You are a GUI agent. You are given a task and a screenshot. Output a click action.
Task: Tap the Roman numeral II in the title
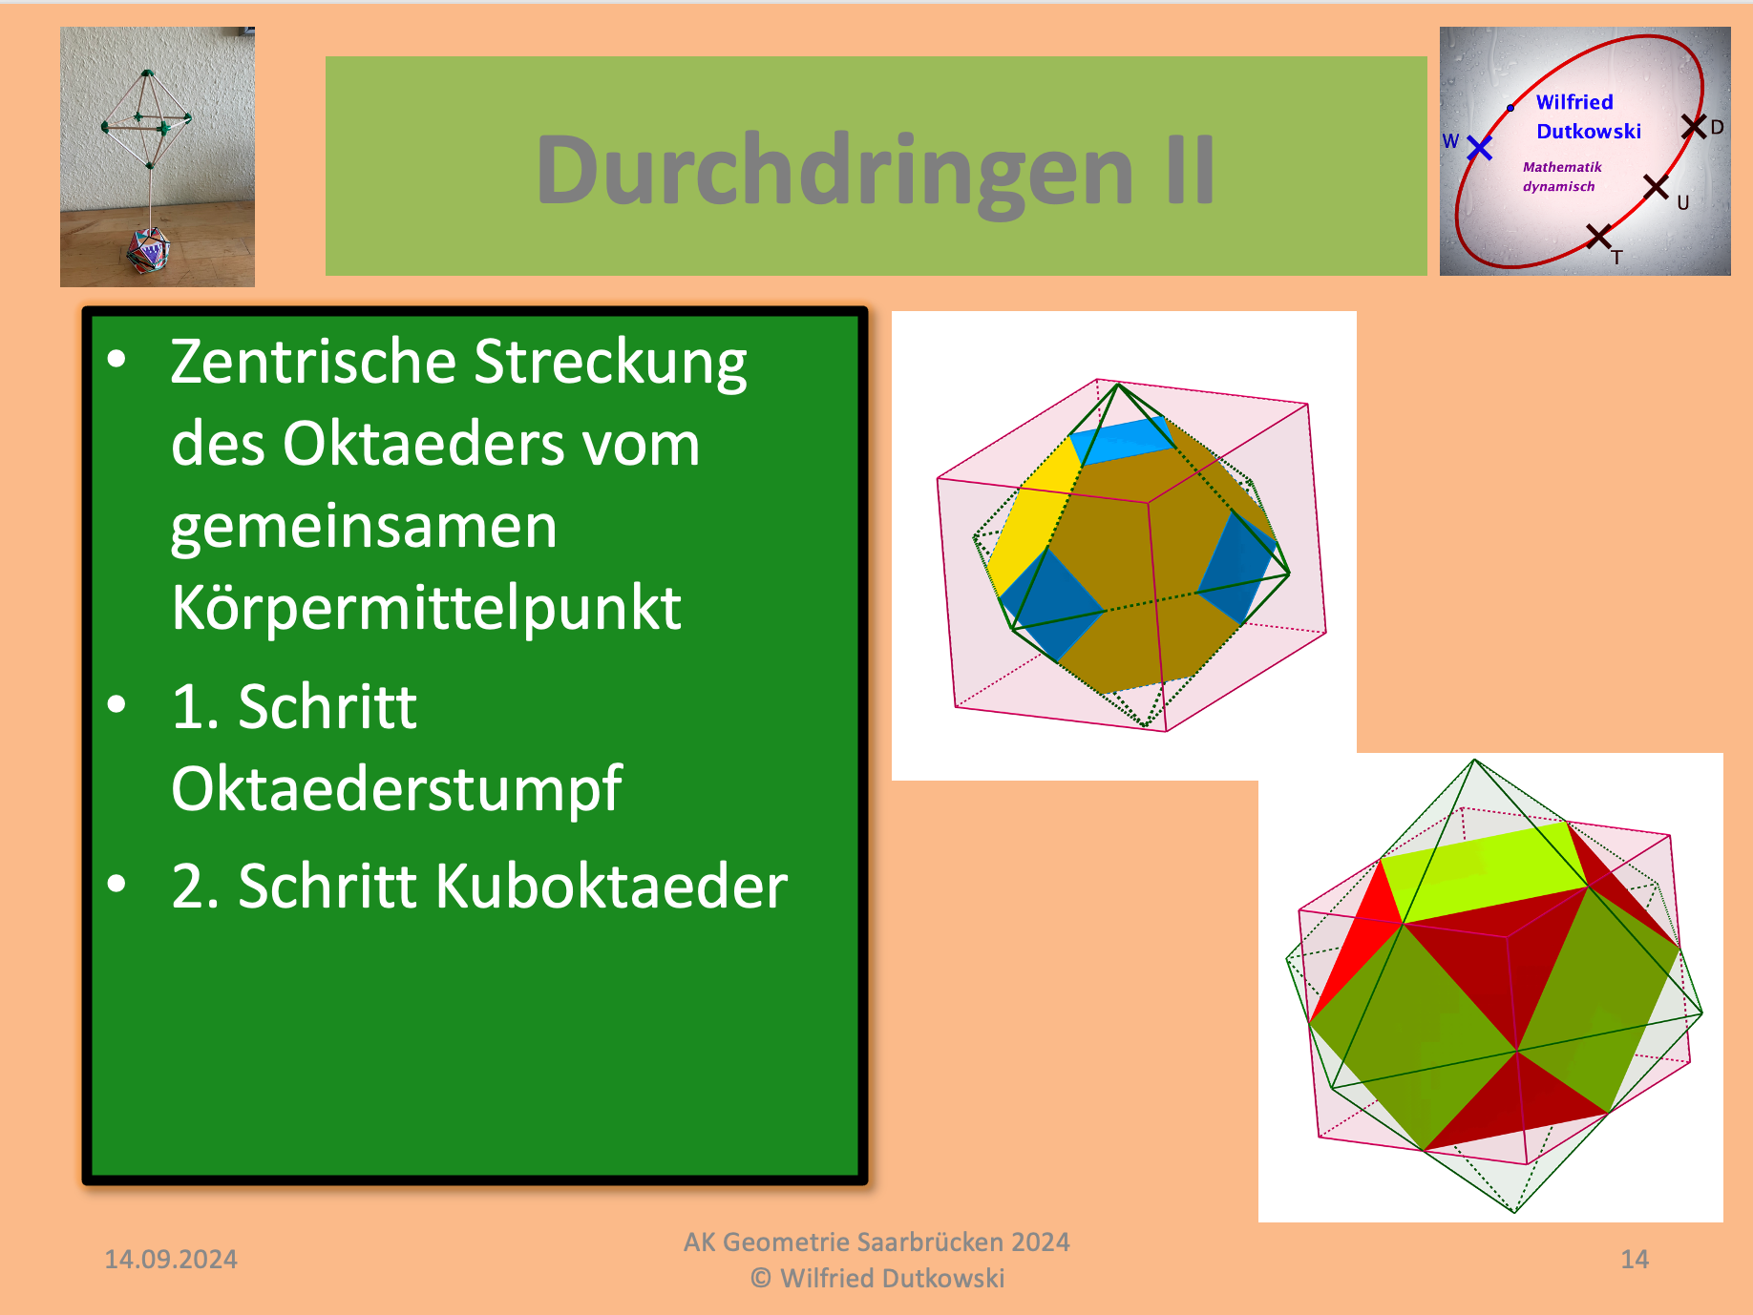pyautogui.click(x=1190, y=170)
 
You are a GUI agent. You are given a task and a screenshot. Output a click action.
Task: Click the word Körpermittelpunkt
pyautogui.click(x=426, y=609)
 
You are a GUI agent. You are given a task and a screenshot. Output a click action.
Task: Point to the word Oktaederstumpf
pyautogui.click(x=396, y=790)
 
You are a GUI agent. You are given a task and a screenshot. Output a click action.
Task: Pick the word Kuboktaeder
pyautogui.click(x=611, y=886)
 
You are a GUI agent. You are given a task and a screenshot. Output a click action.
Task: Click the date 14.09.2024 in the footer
pyautogui.click(x=171, y=1260)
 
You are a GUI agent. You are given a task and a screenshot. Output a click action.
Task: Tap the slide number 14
pyautogui.click(x=1635, y=1260)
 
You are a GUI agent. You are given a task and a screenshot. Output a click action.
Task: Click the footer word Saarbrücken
pyautogui.click(x=926, y=1242)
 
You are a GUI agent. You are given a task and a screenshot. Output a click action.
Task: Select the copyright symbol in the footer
pyautogui.click(x=761, y=1278)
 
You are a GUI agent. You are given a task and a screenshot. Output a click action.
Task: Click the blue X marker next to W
pyautogui.click(x=1479, y=148)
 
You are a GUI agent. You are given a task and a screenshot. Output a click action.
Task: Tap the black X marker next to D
pyautogui.click(x=1694, y=126)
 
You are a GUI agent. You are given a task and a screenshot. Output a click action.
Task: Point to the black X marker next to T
pyautogui.click(x=1598, y=236)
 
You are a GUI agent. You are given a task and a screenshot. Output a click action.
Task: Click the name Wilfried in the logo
pyautogui.click(x=1574, y=102)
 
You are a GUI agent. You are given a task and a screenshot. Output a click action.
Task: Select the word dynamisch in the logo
pyautogui.click(x=1558, y=187)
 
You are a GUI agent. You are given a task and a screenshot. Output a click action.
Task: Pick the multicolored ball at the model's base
pyautogui.click(x=148, y=250)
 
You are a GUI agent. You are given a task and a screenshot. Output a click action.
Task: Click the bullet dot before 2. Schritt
pyautogui.click(x=116, y=885)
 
